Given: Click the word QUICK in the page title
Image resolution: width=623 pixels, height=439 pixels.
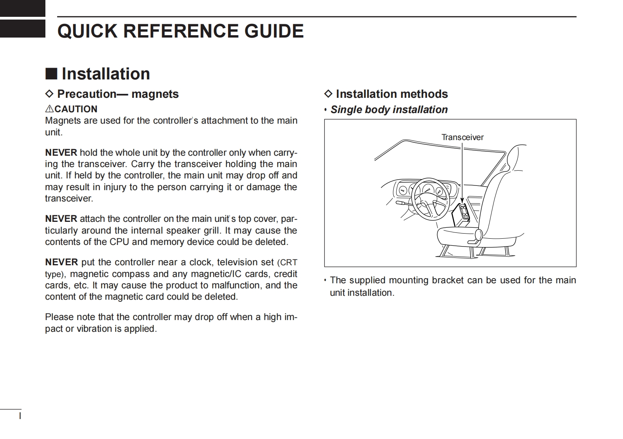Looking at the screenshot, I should tap(87, 31).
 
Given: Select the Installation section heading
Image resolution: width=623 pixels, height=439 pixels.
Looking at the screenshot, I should tap(106, 74).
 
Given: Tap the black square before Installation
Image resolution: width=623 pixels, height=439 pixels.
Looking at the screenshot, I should tap(51, 74).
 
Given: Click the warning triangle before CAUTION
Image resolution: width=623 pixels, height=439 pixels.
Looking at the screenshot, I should tap(49, 109).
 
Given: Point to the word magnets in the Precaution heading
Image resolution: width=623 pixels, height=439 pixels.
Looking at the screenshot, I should tap(155, 94).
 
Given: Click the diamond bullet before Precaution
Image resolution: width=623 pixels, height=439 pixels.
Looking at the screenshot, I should tap(49, 94).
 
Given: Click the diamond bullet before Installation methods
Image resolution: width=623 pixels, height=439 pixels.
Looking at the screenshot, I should tap(328, 94).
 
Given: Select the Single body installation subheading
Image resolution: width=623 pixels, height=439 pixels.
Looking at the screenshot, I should tap(389, 110).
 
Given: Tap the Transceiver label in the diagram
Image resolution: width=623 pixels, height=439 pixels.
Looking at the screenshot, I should tap(462, 137).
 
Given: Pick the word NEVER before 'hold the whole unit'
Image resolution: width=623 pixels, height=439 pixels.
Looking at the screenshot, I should tap(61, 153).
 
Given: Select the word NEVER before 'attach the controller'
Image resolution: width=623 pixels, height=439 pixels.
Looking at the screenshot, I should tap(61, 219).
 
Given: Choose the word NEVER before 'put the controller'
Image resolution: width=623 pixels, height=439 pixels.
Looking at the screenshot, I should tap(61, 262).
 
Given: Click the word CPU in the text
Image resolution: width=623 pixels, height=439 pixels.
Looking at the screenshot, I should tap(119, 242).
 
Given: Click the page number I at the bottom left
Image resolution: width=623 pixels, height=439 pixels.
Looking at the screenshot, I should tap(20, 415).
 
